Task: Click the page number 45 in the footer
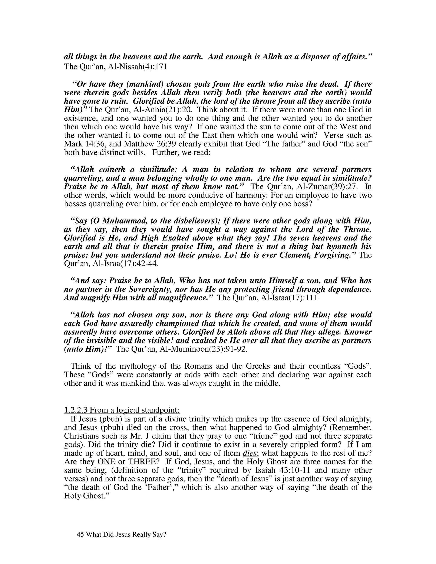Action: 80,535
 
